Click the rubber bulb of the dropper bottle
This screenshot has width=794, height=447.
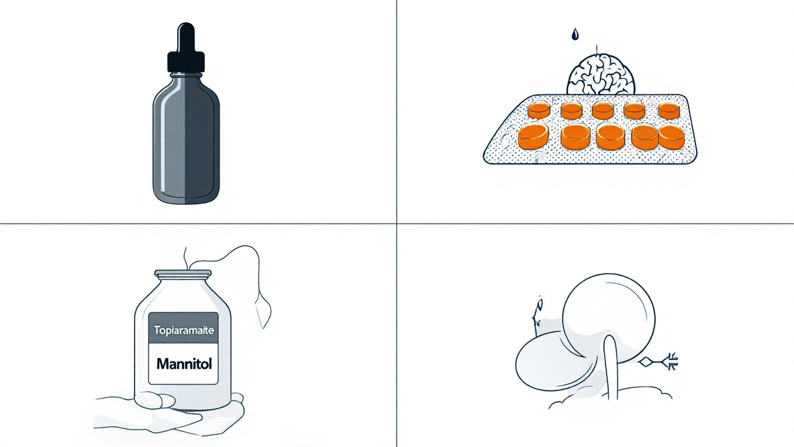coord(186,37)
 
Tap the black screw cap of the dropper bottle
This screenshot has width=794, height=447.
coord(186,62)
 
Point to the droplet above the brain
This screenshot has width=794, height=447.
coord(574,34)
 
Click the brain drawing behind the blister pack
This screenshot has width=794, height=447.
coord(600,74)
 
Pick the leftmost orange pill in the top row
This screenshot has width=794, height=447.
coord(539,110)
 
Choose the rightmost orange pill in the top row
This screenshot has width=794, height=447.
coord(669,111)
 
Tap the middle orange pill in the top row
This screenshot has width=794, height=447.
coord(603,111)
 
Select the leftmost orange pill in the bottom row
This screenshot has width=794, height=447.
coord(533,136)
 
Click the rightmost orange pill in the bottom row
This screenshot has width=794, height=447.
coord(671,137)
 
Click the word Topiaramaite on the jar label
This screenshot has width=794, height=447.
coord(184,330)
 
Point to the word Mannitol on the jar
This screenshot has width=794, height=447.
coord(184,364)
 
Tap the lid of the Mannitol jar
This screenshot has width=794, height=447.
coord(183,274)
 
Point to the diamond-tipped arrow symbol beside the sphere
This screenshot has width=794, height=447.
coord(659,362)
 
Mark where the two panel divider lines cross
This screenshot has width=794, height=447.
coord(396,223)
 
